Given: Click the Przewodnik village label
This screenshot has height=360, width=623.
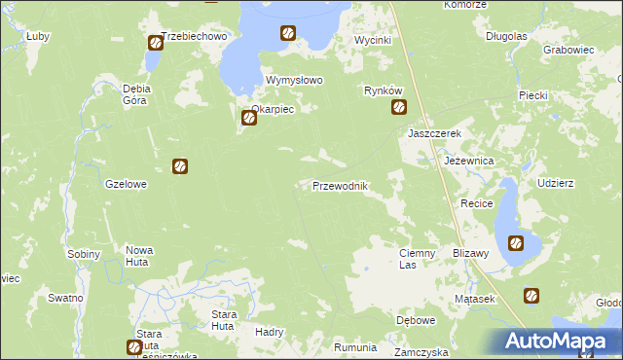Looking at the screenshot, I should click(339, 186).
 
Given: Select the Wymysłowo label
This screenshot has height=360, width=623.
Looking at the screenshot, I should click(294, 81).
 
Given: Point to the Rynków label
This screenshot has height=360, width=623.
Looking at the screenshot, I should click(383, 90).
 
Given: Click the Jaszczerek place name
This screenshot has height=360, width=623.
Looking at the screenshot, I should click(434, 133).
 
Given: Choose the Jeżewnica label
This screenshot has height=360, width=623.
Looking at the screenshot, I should click(469, 160).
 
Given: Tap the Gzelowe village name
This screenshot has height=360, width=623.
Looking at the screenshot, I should click(126, 183).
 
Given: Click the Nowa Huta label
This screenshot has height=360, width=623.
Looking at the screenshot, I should click(139, 255).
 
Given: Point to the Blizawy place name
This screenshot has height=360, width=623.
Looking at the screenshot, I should click(470, 252).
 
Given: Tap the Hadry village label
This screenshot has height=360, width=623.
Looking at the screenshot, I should click(268, 331).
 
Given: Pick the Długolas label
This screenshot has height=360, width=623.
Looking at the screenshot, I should click(506, 36).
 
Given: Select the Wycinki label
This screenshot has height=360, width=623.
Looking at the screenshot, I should click(372, 41).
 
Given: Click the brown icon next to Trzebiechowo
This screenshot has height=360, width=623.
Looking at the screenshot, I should click(156, 43).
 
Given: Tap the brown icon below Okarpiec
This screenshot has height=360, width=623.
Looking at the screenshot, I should click(249, 119).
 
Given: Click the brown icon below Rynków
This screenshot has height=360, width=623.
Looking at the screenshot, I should click(399, 108).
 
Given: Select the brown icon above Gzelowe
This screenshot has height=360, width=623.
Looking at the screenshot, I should click(180, 166).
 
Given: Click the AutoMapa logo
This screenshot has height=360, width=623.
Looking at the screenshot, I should click(554, 341).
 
